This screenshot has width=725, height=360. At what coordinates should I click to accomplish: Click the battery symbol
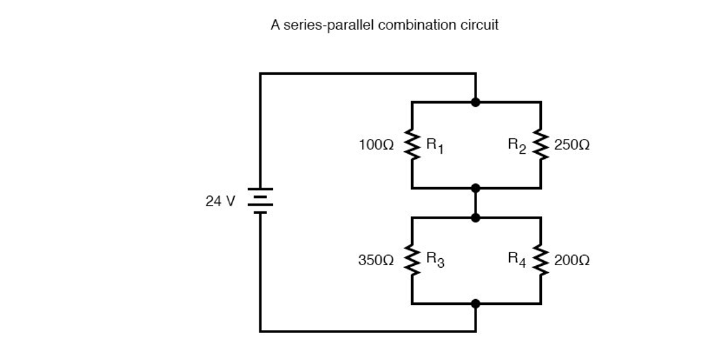tap(260, 200)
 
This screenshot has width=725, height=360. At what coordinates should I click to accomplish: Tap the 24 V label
tap(220, 201)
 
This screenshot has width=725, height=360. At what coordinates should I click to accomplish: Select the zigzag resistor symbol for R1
tap(412, 145)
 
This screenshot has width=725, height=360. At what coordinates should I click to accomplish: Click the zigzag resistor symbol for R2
tap(541, 145)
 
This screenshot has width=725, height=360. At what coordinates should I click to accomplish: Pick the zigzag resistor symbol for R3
tap(412, 261)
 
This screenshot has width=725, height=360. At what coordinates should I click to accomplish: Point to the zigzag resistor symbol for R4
tap(541, 261)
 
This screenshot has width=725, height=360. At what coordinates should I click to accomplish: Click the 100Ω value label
tap(377, 145)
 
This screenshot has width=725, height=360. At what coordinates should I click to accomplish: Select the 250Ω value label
tap(572, 145)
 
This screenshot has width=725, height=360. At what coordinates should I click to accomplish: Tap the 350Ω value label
tap(377, 261)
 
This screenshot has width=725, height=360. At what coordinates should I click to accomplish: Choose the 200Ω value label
tap(572, 261)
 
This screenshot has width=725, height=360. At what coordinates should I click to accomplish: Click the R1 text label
tap(435, 146)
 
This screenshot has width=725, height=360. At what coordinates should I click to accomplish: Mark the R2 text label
tap(517, 145)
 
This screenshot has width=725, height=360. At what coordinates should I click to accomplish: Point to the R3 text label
tap(435, 261)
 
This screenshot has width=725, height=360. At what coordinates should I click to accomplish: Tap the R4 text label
tap(517, 259)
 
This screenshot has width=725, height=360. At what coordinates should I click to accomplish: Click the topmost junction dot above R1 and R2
tap(475, 102)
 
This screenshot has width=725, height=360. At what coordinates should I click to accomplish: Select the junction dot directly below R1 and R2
tap(475, 188)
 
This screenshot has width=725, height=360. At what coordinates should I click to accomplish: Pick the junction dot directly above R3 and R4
tap(475, 218)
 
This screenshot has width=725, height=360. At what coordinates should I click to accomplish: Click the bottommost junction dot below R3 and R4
tap(475, 304)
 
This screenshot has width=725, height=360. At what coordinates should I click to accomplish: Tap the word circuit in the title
tap(480, 26)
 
